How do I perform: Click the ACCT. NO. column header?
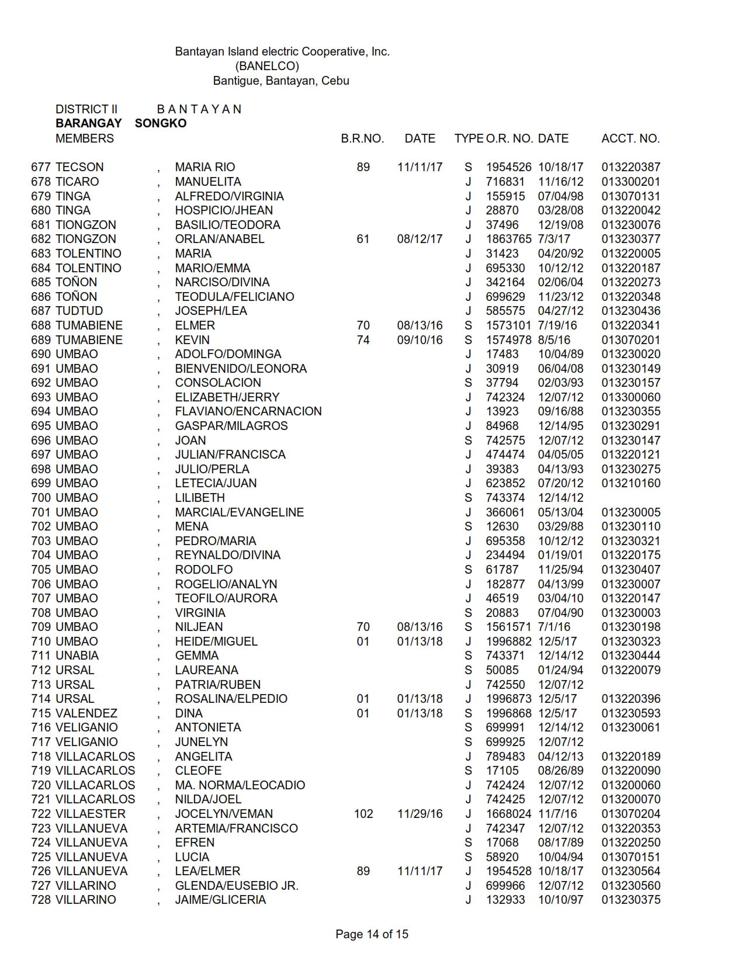pyautogui.click(x=630, y=138)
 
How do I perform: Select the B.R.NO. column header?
pyautogui.click(x=362, y=138)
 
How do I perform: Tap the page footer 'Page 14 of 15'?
pyautogui.click(x=372, y=934)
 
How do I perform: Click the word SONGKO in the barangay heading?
pyautogui.click(x=161, y=123)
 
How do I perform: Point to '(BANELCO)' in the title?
pyautogui.click(x=267, y=66)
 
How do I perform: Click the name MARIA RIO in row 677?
pyautogui.click(x=205, y=167)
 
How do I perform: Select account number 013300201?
pyautogui.click(x=630, y=182)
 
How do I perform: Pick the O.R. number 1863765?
pyautogui.click(x=508, y=239)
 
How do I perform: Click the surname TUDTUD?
pyautogui.click(x=79, y=311)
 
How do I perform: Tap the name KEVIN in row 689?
pyautogui.click(x=192, y=340)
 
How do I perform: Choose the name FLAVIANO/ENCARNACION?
pyautogui.click(x=248, y=411)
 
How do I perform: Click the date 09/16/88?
pyautogui.click(x=560, y=411)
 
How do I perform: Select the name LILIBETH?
pyautogui.click(x=200, y=498)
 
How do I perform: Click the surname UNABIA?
pyautogui.click(x=77, y=656)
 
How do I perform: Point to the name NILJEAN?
pyautogui.click(x=199, y=627)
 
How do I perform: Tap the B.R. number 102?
pyautogui.click(x=363, y=814)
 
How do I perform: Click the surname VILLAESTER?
pyautogui.click(x=91, y=814)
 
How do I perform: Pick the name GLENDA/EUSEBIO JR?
pyautogui.click(x=237, y=886)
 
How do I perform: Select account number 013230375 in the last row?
pyautogui.click(x=630, y=900)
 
